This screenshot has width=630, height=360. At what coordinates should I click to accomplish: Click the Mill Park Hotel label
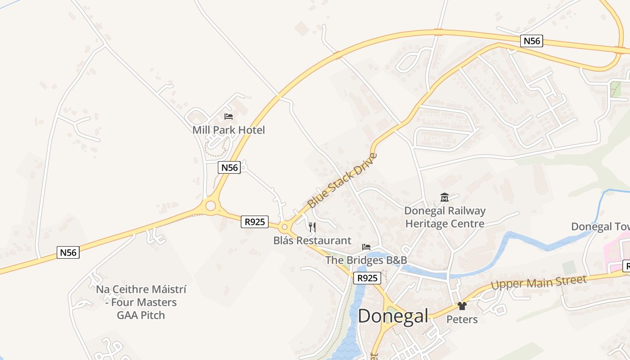[x=229, y=130]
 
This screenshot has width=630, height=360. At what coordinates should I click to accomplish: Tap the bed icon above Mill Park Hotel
[x=229, y=117]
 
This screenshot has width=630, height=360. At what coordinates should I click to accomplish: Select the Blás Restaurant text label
[x=312, y=240]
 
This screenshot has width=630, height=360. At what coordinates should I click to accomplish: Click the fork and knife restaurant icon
[x=312, y=227]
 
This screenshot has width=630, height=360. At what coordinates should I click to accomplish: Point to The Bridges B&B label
[x=366, y=260]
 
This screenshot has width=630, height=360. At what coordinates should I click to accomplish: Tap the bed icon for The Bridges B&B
[x=366, y=247]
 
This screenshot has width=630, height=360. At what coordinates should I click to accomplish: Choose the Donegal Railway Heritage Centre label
[x=445, y=217]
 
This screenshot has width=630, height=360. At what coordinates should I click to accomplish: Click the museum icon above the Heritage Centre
[x=445, y=197]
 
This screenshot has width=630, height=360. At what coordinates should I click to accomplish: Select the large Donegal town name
[x=393, y=316]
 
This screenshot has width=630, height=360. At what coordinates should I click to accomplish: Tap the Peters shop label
[x=462, y=319]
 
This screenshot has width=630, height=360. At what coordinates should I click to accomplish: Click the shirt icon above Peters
[x=462, y=306]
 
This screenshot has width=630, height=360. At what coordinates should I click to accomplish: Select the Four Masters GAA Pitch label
[x=141, y=302]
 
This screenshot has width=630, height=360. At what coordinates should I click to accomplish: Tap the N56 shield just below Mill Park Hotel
[x=229, y=168]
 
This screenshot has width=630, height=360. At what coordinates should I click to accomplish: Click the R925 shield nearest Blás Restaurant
[x=255, y=221]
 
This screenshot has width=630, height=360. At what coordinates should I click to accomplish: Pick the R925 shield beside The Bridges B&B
[x=367, y=278]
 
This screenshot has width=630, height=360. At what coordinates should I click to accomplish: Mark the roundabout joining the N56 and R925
[x=211, y=206]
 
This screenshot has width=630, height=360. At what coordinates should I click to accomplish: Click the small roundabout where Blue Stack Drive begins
[x=284, y=227]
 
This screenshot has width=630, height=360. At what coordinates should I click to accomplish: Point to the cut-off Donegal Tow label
[x=600, y=226]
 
